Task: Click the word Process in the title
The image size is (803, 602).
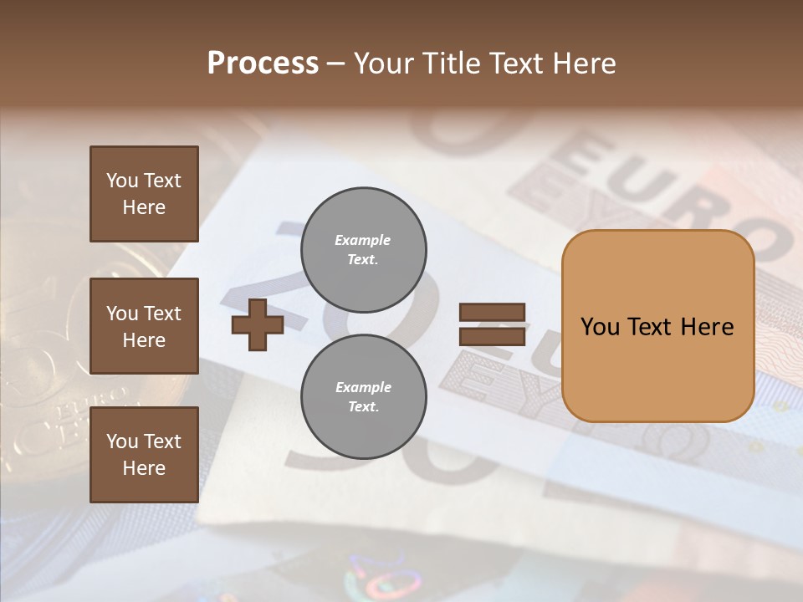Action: coord(263,64)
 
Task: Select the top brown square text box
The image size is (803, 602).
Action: coord(144,194)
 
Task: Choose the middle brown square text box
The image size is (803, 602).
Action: coord(144,326)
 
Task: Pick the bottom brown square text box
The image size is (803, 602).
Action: coord(144,455)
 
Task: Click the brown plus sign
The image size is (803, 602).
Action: coord(258,325)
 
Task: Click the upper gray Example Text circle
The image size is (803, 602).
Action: coord(363,250)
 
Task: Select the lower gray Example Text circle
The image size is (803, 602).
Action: coord(363,397)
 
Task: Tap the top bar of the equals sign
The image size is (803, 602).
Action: coord(493,313)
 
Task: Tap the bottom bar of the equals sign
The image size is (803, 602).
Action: coord(493,337)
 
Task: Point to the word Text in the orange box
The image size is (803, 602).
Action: coord(649,327)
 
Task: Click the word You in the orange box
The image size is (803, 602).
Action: coord(601,327)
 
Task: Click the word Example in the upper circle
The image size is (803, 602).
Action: coord(363,240)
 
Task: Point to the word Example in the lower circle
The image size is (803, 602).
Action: coord(363,387)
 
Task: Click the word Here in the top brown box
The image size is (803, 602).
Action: coord(144,207)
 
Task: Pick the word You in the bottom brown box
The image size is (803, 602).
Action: coord(121,441)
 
